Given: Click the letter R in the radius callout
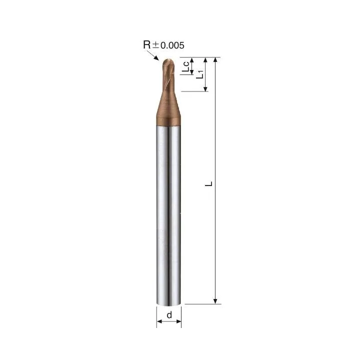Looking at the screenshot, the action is [x=147, y=44].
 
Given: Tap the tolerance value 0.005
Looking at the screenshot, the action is [x=172, y=45].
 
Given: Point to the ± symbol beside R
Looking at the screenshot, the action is [x=155, y=45].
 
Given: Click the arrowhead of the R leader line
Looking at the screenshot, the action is [x=156, y=58].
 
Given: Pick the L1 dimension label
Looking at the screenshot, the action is [x=199, y=74].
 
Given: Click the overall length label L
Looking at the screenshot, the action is [x=208, y=183].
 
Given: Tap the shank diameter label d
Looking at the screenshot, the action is [x=169, y=315].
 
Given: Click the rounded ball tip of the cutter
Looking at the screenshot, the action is [x=168, y=61].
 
